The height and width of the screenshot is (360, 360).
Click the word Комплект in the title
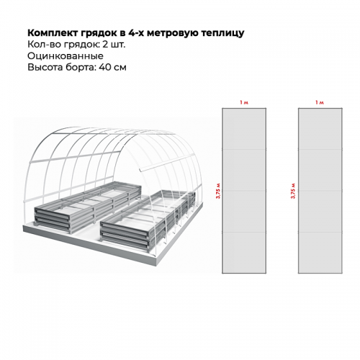point(52,33)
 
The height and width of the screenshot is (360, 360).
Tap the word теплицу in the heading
point(222,33)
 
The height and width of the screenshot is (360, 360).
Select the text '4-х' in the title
point(136,33)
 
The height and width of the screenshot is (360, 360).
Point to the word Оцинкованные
point(66,56)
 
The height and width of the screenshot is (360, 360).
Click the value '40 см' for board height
point(112,67)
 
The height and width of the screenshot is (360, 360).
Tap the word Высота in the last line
point(45,67)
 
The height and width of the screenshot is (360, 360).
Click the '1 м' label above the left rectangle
point(244,102)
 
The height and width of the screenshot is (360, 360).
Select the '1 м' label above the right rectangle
point(320,102)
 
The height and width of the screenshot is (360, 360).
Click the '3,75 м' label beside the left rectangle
point(218,191)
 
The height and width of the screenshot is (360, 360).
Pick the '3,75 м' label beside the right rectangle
point(293,191)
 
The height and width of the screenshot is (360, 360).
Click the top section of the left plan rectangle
point(244,129)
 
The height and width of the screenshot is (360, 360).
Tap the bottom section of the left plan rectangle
point(244,253)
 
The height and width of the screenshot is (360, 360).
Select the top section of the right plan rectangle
point(320,129)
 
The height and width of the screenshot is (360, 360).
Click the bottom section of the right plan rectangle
point(320,253)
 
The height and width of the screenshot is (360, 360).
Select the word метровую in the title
point(173,33)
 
